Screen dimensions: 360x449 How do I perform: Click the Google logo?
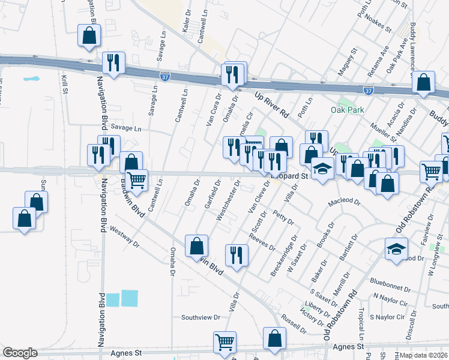(20, 353)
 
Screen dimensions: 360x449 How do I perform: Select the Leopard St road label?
(289, 176)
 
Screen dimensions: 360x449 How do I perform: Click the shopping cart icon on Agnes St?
(225, 342)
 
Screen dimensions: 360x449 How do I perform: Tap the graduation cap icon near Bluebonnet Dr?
(396, 250)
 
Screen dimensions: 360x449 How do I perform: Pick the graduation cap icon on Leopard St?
(322, 169)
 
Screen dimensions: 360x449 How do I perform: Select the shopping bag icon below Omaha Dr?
(197, 245)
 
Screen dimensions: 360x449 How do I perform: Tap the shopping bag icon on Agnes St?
(274, 338)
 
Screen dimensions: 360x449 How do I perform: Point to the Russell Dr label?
(294, 324)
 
